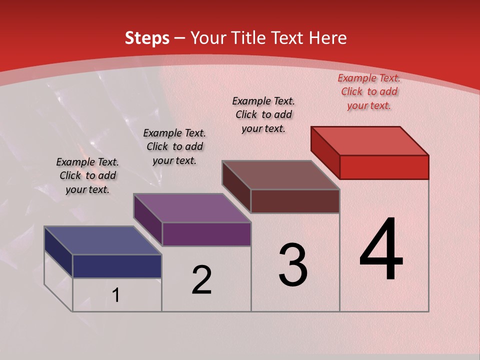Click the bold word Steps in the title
(147, 38)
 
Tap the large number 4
(381, 249)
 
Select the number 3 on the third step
(292, 265)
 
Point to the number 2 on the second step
(201, 280)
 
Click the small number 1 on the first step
(116, 295)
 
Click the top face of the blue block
(103, 240)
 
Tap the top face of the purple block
(192, 208)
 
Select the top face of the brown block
(281, 175)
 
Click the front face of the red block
(384, 167)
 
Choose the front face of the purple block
(206, 234)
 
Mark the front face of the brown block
(295, 201)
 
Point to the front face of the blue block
(117, 266)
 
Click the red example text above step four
(369, 91)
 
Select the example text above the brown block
(263, 114)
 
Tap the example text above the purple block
(174, 146)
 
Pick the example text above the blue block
(87, 175)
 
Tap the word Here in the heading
(328, 38)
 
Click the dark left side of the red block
(325, 149)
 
